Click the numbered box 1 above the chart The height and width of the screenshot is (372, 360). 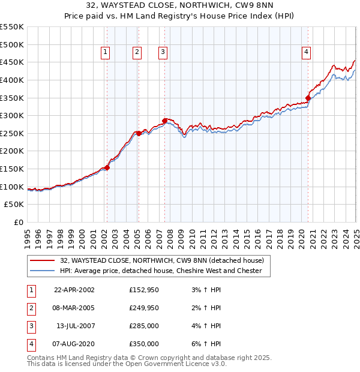[x=106, y=53]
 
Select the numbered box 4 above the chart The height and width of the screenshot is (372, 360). [x=306, y=53]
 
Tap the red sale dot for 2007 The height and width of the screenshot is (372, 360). [x=164, y=121]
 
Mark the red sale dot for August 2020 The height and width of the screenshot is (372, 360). [x=308, y=98]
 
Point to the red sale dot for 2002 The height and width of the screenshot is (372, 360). [x=107, y=167]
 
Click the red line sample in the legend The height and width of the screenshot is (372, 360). [x=42, y=260]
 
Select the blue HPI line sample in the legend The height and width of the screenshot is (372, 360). [x=42, y=271]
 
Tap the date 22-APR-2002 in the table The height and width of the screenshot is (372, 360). [x=74, y=290]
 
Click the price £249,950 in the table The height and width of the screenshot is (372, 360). [x=144, y=308]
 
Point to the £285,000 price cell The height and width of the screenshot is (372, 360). [x=144, y=326]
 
